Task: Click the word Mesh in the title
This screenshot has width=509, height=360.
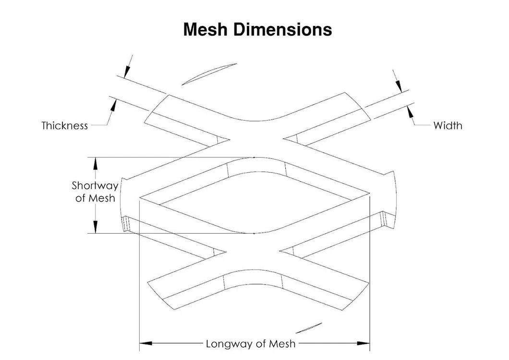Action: (x=206, y=29)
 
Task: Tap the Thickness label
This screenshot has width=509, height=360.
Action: (x=65, y=126)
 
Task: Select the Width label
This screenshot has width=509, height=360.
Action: (x=448, y=126)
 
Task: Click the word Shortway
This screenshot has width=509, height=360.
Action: (x=95, y=185)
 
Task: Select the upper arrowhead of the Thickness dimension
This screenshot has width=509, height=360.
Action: (x=126, y=72)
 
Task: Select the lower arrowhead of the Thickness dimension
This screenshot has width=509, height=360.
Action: (x=113, y=104)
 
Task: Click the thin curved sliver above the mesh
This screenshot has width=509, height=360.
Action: (x=210, y=73)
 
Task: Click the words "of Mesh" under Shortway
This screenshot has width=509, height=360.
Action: (x=95, y=198)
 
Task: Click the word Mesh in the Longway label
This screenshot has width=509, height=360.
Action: (x=282, y=344)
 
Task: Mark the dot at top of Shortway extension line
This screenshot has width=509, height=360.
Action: (x=254, y=157)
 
